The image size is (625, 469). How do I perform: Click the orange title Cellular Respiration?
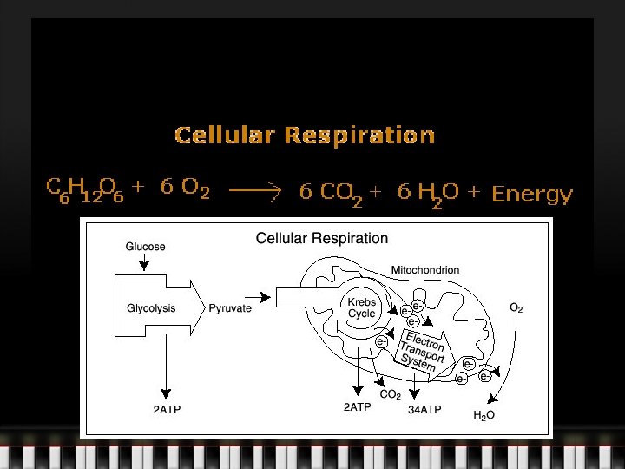pyautogui.click(x=305, y=135)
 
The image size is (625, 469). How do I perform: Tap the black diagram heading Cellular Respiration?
pyautogui.click(x=321, y=238)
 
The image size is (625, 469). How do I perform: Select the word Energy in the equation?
pyautogui.click(x=532, y=194)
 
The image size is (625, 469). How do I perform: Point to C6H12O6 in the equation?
pyautogui.click(x=85, y=189)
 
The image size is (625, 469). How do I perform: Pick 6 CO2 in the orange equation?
pyautogui.click(x=331, y=194)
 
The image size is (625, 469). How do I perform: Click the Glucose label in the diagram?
pyautogui.click(x=145, y=247)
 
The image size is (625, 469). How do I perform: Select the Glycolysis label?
pyautogui.click(x=151, y=308)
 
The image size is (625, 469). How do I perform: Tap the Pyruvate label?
pyautogui.click(x=230, y=308)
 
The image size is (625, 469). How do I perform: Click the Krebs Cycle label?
pyautogui.click(x=361, y=308)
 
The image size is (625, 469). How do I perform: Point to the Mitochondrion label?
pyautogui.click(x=425, y=270)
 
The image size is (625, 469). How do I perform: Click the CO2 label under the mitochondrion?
pyautogui.click(x=390, y=394)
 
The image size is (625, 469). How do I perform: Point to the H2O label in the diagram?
pyautogui.click(x=484, y=416)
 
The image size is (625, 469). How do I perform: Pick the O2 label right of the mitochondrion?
pyautogui.click(x=516, y=307)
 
